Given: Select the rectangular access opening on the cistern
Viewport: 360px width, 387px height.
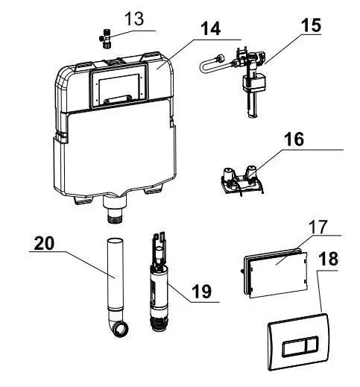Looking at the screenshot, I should click(116, 86).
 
